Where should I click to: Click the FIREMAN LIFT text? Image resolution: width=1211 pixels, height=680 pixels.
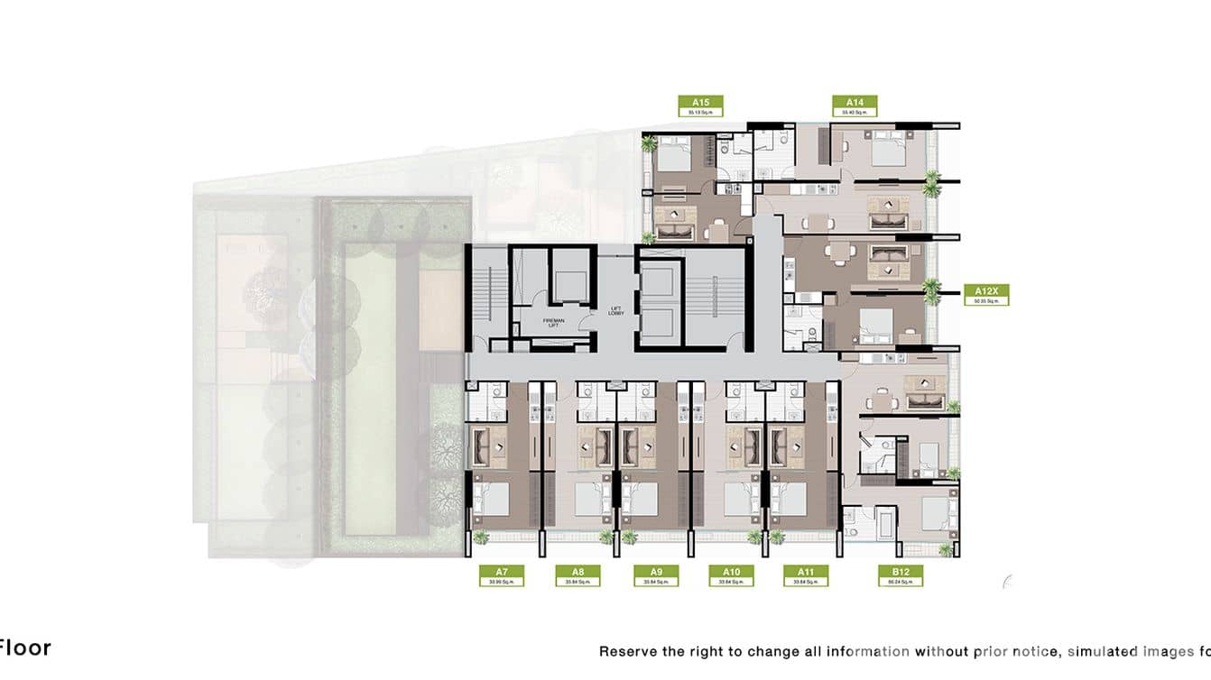(553, 322)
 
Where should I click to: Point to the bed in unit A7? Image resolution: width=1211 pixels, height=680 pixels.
(491, 499)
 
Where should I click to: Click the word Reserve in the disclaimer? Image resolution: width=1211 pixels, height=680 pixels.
(629, 650)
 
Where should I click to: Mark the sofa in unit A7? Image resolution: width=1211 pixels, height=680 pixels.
(491, 445)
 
